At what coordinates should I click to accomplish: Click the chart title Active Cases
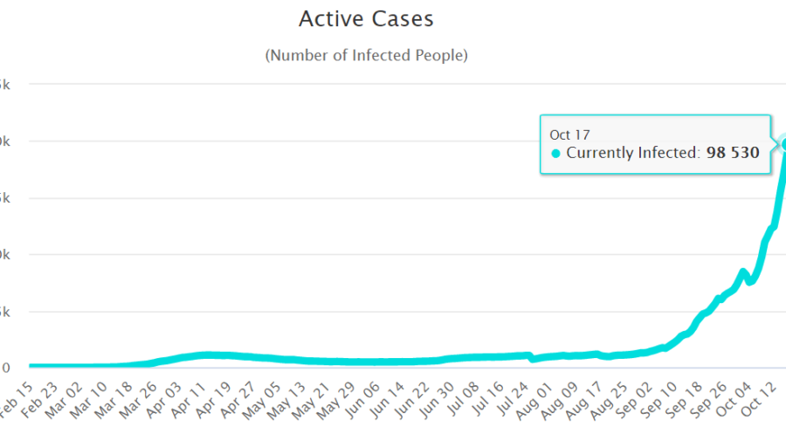366,18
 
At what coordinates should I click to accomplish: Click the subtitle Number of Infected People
366,55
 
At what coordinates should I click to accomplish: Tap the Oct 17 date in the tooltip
569,134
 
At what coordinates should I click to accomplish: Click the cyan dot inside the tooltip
555,154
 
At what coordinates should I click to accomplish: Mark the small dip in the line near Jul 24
533,359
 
